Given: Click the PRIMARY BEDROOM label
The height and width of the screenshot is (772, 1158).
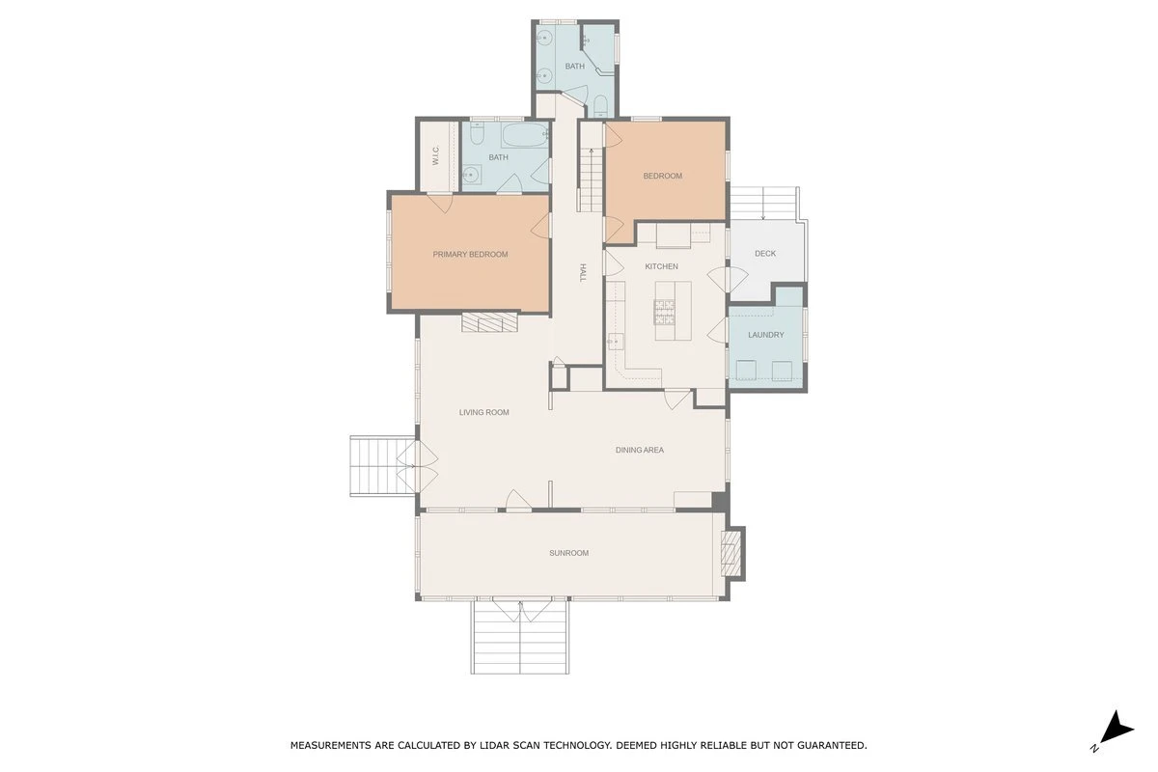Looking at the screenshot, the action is [470, 255].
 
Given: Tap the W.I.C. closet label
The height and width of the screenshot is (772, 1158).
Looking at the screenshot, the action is [435, 155].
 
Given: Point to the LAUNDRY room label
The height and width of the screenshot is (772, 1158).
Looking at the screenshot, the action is [765, 335].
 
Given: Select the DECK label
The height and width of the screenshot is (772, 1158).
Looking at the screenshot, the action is [765, 254].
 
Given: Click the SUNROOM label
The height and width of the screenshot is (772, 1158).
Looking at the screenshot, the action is [568, 553].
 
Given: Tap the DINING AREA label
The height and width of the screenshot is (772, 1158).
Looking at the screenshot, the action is [640, 450].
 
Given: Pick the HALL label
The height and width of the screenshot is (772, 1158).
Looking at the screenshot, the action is [583, 272].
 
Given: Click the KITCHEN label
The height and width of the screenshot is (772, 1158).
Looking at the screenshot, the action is [661, 266].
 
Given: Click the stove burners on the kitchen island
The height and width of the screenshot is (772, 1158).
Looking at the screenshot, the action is [664, 312].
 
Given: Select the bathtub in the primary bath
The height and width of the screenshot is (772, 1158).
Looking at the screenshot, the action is [525, 135].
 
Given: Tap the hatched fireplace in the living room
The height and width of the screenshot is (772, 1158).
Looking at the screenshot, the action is [489, 321].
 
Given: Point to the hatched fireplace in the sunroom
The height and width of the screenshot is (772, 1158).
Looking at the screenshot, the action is [731, 554].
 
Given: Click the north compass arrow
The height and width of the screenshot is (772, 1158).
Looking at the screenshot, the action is [1118, 729].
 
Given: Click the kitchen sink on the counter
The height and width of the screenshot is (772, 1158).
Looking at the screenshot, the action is [616, 342].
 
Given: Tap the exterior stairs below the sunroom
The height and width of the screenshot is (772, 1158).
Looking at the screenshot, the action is [519, 637].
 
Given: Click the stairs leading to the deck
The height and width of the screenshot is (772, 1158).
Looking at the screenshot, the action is [764, 204].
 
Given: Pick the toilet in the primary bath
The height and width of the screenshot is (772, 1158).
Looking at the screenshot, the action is [477, 134].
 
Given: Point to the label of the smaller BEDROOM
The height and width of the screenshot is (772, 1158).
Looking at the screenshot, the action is [662, 176].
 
